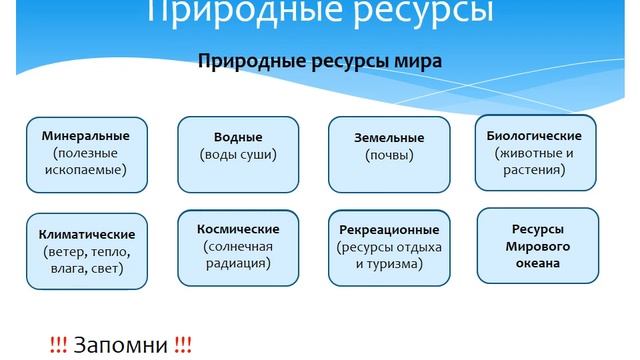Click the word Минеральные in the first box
click(x=86, y=134)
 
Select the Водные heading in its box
click(x=238, y=137)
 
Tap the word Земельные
click(x=389, y=138)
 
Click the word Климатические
click(x=86, y=233)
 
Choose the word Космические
click(x=237, y=228)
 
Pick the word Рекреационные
click(x=388, y=229)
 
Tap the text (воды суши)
click(x=238, y=155)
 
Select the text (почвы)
click(x=389, y=156)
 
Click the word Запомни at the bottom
click(x=121, y=345)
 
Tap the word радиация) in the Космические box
click(x=237, y=264)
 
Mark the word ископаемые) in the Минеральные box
click(x=86, y=170)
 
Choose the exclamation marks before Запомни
click(x=58, y=345)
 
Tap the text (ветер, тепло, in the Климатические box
click(x=86, y=251)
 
